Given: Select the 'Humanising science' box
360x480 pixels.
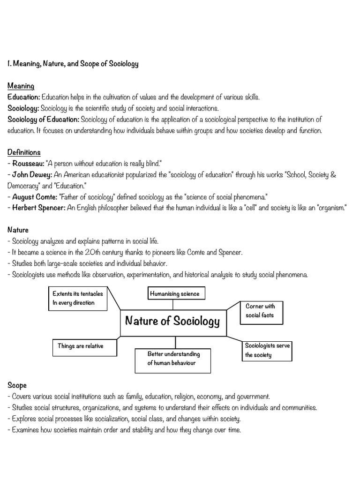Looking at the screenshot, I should pyautogui.click(x=174, y=294).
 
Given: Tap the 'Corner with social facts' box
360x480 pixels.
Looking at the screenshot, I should pyautogui.click(x=261, y=311).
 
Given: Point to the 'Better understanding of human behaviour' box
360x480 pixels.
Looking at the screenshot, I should pyautogui.click(x=173, y=359).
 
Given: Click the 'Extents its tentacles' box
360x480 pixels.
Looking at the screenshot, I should pyautogui.click(x=78, y=298).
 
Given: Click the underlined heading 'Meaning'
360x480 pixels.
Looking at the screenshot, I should pyautogui.click(x=21, y=86).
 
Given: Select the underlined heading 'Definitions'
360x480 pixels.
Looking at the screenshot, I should pyautogui.click(x=24, y=152).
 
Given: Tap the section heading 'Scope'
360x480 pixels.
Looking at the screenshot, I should pyautogui.click(x=17, y=385).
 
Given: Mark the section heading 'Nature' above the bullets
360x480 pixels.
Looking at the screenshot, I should pyautogui.click(x=18, y=230).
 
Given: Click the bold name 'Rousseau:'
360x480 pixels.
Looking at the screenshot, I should pyautogui.click(x=27, y=163).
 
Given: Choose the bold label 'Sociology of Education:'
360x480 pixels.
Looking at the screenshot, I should pyautogui.click(x=44, y=120).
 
